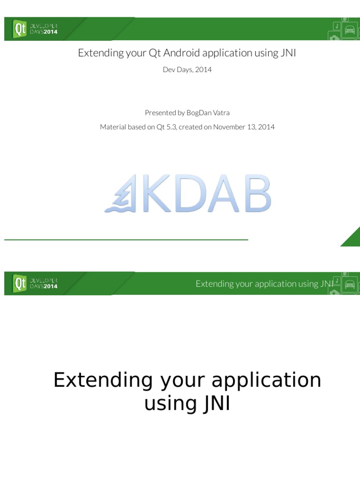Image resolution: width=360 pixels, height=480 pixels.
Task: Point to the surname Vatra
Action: click(x=221, y=112)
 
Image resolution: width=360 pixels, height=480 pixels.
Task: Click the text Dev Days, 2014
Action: click(x=187, y=70)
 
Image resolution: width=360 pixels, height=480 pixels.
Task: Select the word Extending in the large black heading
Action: click(x=103, y=380)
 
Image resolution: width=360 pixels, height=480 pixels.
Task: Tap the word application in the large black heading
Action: click(x=266, y=380)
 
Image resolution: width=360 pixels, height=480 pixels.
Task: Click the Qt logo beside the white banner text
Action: click(x=20, y=283)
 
